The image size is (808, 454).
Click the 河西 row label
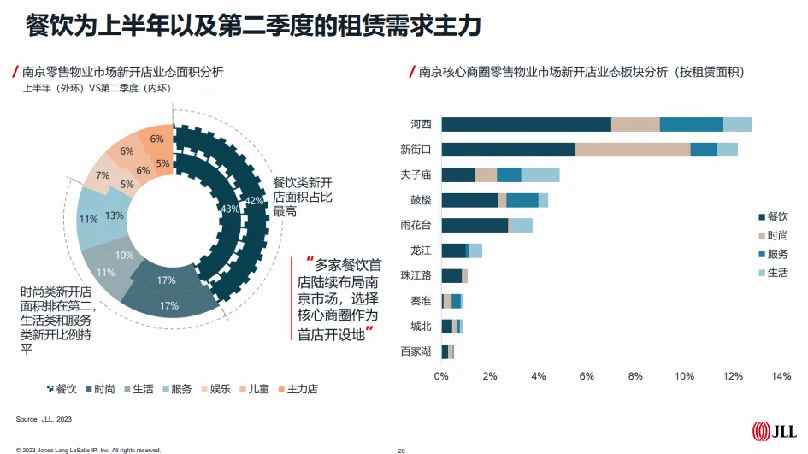[x=421, y=125]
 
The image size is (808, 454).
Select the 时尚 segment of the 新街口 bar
[x=632, y=150]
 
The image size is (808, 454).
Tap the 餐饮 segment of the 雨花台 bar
[x=475, y=226]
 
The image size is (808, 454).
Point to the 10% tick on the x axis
[x=684, y=376]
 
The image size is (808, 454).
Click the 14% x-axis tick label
[x=781, y=376]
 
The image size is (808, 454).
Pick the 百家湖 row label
[x=416, y=351]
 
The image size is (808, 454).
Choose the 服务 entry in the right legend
[x=773, y=253]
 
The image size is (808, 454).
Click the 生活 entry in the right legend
[x=773, y=273]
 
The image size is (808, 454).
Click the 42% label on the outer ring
[x=254, y=201]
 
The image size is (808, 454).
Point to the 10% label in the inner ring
[x=125, y=255]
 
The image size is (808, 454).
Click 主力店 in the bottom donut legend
[x=300, y=389]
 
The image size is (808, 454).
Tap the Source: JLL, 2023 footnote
[x=44, y=420]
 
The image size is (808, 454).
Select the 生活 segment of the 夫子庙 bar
[x=540, y=175]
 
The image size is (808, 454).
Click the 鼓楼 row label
[x=421, y=200]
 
